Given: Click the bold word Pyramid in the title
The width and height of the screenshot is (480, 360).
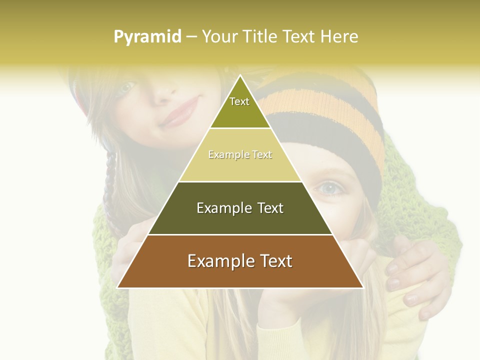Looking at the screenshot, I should (x=147, y=37).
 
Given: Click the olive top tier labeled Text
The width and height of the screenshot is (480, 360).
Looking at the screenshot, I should (x=239, y=107).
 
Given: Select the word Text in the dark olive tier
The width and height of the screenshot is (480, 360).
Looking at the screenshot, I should (x=267, y=208).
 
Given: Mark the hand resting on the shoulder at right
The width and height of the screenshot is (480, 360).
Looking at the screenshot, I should (x=415, y=275).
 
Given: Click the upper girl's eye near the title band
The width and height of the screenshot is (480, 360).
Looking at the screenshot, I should (x=126, y=87).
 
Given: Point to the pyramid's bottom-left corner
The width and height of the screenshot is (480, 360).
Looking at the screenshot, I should (x=118, y=287).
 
